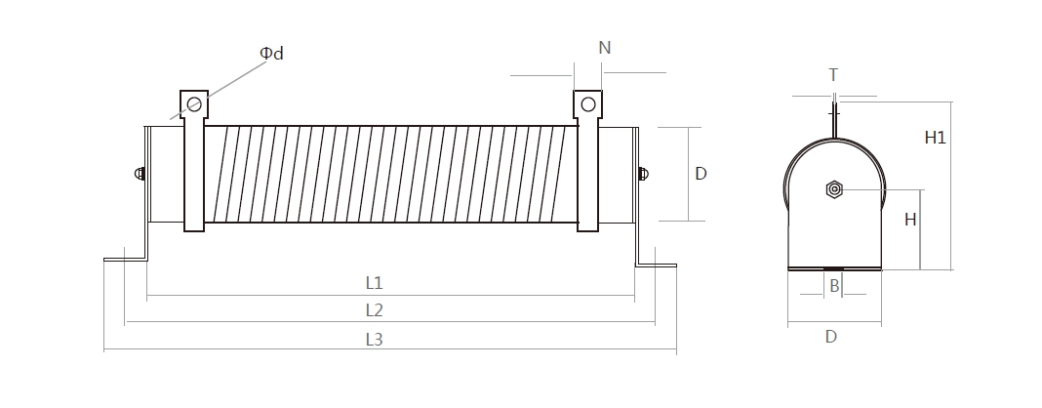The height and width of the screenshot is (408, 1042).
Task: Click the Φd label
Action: [272, 54]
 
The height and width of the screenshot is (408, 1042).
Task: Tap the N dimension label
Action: [604, 48]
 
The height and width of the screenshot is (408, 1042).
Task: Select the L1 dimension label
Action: [374, 283]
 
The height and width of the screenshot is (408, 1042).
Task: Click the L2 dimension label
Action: [374, 310]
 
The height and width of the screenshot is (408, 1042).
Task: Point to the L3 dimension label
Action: [374, 340]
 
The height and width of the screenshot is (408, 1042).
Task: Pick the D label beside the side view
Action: [701, 174]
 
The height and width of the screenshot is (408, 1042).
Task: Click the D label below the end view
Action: [830, 336]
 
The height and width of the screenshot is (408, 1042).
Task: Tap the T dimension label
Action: [832, 75]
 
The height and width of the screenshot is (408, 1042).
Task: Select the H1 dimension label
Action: [935, 138]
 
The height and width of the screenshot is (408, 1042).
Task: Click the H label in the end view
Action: [909, 220]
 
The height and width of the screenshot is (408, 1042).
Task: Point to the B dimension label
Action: [834, 286]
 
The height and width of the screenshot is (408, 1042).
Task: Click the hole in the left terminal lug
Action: [194, 103]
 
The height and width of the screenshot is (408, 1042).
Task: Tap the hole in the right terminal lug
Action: [587, 103]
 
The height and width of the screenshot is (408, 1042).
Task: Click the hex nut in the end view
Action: [833, 188]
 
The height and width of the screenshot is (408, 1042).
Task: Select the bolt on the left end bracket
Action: [140, 175]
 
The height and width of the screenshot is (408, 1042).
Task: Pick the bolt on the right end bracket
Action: [642, 175]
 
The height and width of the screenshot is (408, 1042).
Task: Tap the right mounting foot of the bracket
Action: [658, 264]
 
